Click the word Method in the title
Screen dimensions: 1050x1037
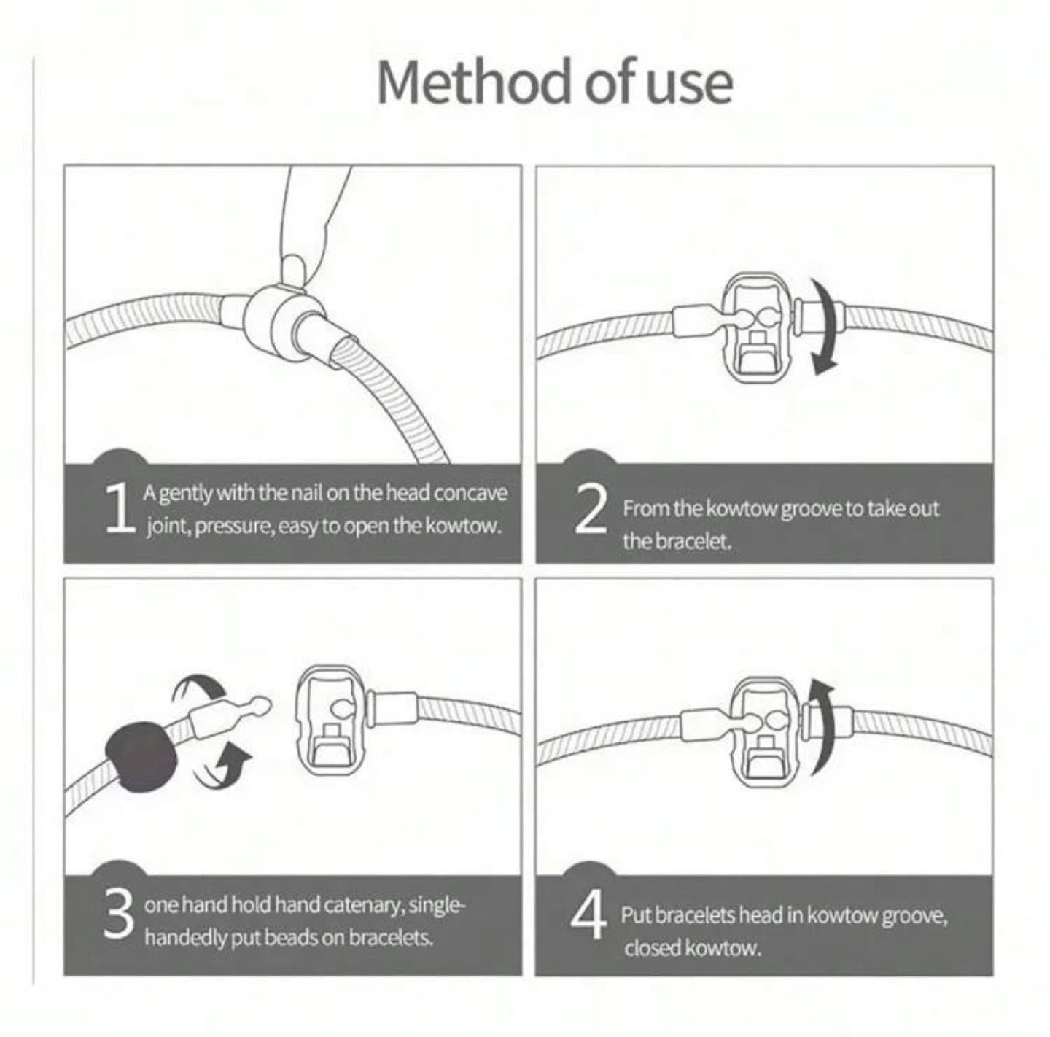click(x=473, y=82)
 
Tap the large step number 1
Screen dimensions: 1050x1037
click(x=120, y=508)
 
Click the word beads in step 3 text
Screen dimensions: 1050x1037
click(x=289, y=938)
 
